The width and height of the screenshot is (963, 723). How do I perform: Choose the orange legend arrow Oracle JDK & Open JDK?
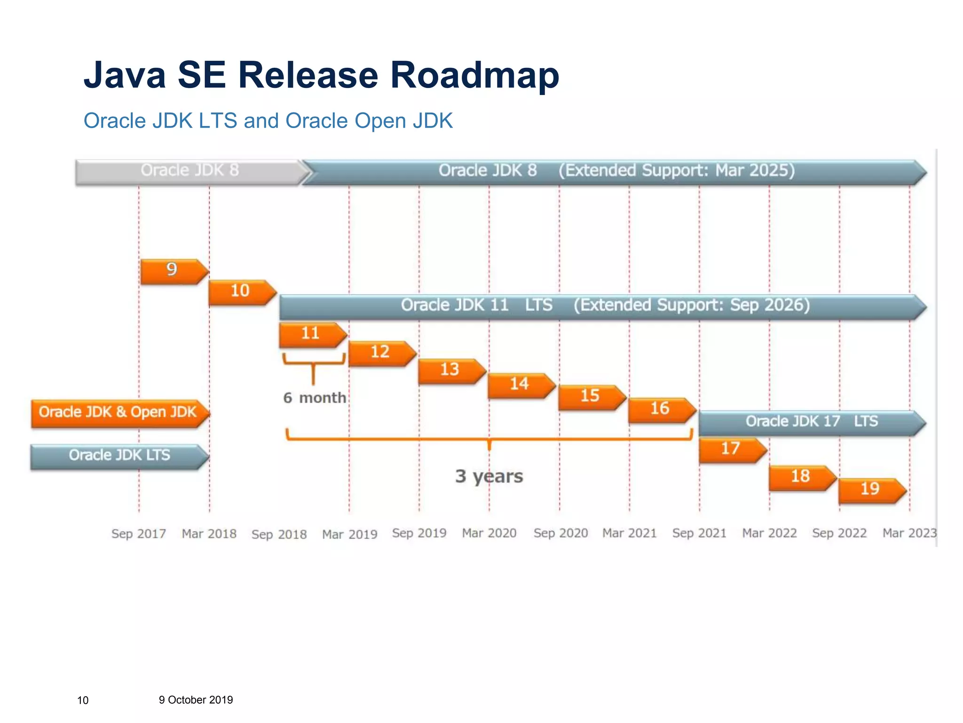click(118, 413)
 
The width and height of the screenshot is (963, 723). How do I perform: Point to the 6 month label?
click(315, 399)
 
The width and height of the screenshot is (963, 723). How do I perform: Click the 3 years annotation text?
click(489, 477)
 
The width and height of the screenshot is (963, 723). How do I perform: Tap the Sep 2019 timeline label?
click(419, 534)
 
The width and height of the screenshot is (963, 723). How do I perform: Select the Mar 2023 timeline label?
click(909, 534)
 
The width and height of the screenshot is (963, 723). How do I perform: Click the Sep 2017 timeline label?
click(139, 534)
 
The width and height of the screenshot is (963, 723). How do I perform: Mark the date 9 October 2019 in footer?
click(196, 700)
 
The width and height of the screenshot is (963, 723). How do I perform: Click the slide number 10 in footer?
click(83, 701)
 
